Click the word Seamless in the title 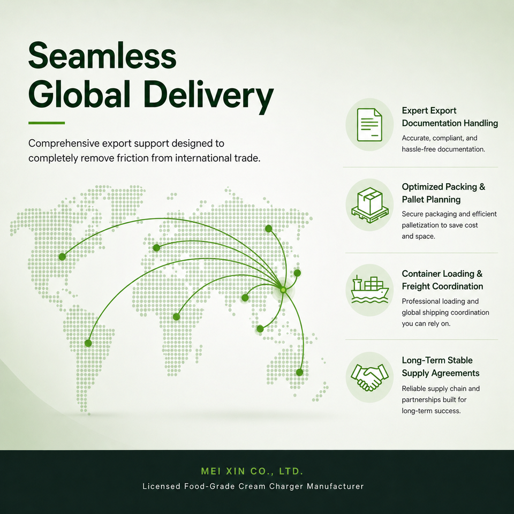point(102,55)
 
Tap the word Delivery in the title point(208,96)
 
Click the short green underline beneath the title point(47,123)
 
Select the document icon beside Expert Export point(369,125)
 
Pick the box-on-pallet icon point(370,205)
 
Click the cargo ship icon point(370,290)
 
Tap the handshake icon point(370,377)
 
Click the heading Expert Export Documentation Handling point(450,117)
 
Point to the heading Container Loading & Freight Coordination point(442,280)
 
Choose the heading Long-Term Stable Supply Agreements point(441,366)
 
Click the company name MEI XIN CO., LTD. point(252,471)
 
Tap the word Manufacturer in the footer point(335,486)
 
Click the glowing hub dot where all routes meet point(283,290)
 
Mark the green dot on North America point(62,256)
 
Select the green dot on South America point(88,343)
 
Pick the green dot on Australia point(300,373)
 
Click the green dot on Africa point(176,316)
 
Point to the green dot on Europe point(156,247)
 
